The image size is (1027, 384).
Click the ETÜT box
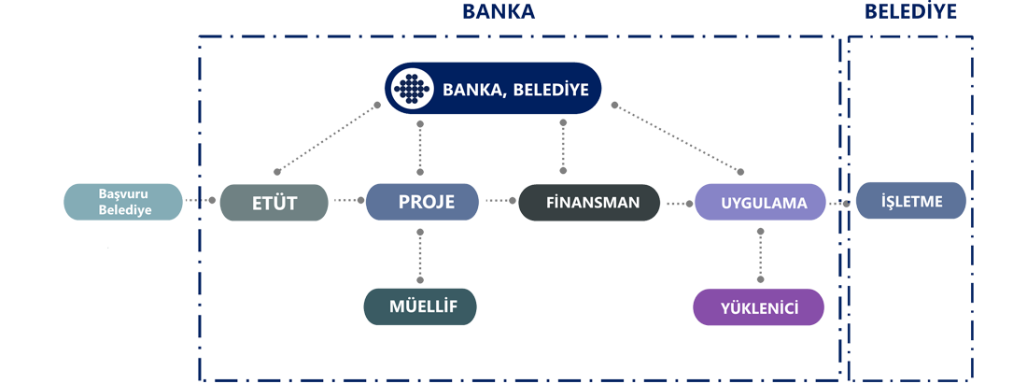(x=274, y=203)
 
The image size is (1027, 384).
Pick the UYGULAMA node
(x=763, y=203)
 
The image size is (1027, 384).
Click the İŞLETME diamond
(x=912, y=202)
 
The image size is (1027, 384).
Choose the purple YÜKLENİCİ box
(x=759, y=306)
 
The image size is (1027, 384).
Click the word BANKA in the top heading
(x=499, y=12)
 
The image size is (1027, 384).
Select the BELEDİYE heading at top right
(x=911, y=13)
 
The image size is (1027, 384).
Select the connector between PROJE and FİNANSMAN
(x=499, y=202)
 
